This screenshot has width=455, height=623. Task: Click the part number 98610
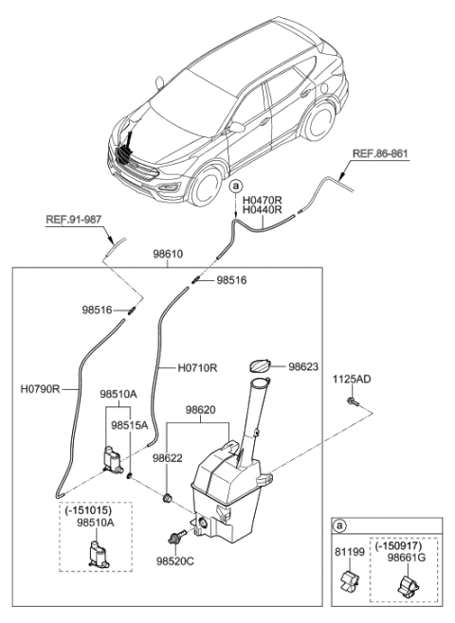[x=168, y=254]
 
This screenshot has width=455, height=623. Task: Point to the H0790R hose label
[x=40, y=388]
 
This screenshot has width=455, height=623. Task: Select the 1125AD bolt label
[x=353, y=380]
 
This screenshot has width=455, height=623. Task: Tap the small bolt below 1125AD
[x=353, y=403]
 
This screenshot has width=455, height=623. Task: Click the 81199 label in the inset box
[x=347, y=546]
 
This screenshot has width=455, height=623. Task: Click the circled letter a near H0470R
[x=234, y=187]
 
